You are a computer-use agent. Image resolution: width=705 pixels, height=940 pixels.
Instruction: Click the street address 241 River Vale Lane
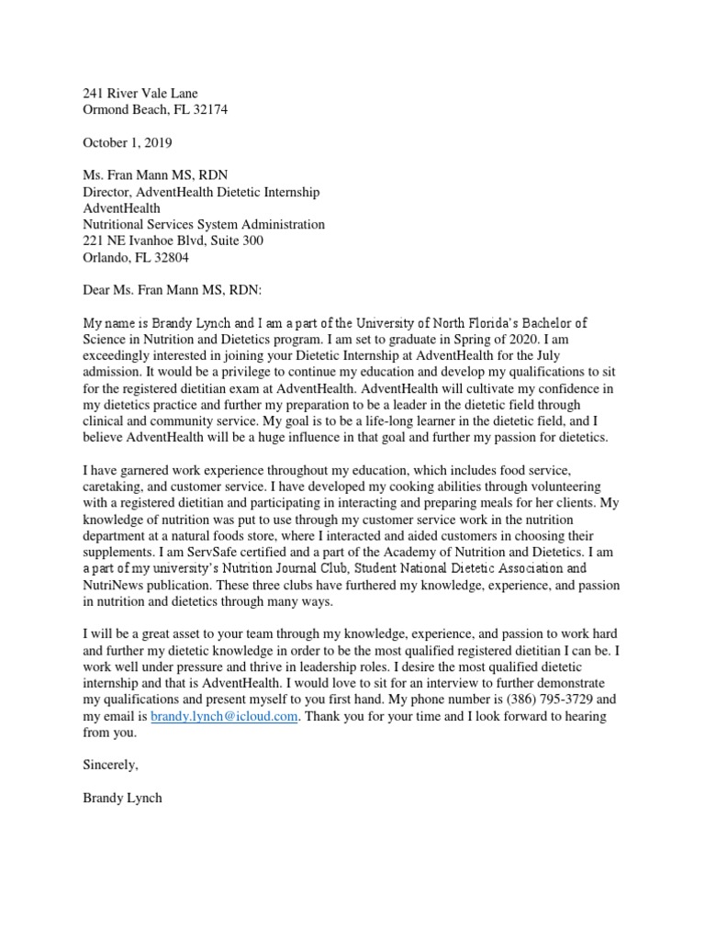pyautogui.click(x=140, y=93)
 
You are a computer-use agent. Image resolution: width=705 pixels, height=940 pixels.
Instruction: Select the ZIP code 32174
pyautogui.click(x=209, y=109)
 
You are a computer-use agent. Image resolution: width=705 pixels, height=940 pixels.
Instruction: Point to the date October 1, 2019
pyautogui.click(x=128, y=142)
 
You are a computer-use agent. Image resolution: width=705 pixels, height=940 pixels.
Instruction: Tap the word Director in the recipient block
pyautogui.click(x=108, y=192)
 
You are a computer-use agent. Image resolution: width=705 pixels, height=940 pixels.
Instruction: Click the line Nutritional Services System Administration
pyautogui.click(x=203, y=224)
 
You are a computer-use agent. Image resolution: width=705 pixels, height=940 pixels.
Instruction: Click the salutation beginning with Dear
pyautogui.click(x=172, y=290)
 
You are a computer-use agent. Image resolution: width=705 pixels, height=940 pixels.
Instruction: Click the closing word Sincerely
pyautogui.click(x=110, y=766)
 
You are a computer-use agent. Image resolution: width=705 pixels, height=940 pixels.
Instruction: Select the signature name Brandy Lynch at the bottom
pyautogui.click(x=122, y=799)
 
